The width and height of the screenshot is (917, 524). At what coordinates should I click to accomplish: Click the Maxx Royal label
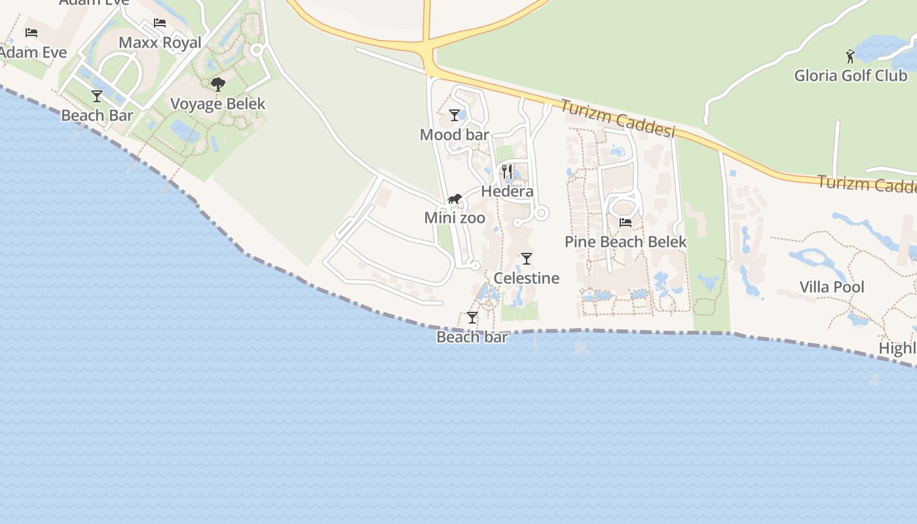(160, 43)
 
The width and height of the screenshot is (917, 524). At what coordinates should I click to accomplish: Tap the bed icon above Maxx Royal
(160, 23)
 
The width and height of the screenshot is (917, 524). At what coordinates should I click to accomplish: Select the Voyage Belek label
(217, 104)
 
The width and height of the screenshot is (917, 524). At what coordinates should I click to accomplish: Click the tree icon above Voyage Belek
(218, 84)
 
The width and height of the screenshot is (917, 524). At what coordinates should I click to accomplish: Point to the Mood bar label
(454, 135)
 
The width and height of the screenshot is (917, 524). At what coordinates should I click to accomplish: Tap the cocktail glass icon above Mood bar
(455, 115)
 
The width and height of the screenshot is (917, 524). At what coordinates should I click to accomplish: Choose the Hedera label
(507, 192)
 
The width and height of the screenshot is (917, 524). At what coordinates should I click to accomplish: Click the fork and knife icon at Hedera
(507, 172)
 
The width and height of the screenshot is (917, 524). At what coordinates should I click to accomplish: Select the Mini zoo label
(455, 218)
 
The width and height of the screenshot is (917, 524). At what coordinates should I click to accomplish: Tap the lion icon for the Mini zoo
(455, 198)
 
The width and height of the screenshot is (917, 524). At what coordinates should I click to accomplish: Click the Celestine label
(526, 278)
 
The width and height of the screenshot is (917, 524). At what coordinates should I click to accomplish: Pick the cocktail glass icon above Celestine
(527, 258)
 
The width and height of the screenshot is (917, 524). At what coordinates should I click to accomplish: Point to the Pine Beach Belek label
(626, 242)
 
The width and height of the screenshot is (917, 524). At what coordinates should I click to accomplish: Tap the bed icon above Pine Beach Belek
(626, 222)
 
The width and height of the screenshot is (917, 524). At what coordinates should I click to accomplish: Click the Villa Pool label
(832, 287)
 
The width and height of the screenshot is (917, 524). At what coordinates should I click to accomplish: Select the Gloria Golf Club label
(850, 75)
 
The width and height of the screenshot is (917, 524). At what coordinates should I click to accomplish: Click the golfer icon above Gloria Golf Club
(850, 56)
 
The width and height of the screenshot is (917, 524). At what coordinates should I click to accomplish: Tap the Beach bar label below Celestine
(472, 337)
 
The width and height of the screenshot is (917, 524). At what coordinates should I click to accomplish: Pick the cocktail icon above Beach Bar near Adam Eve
(97, 96)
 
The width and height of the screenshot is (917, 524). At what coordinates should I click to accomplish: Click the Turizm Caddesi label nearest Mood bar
(617, 119)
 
